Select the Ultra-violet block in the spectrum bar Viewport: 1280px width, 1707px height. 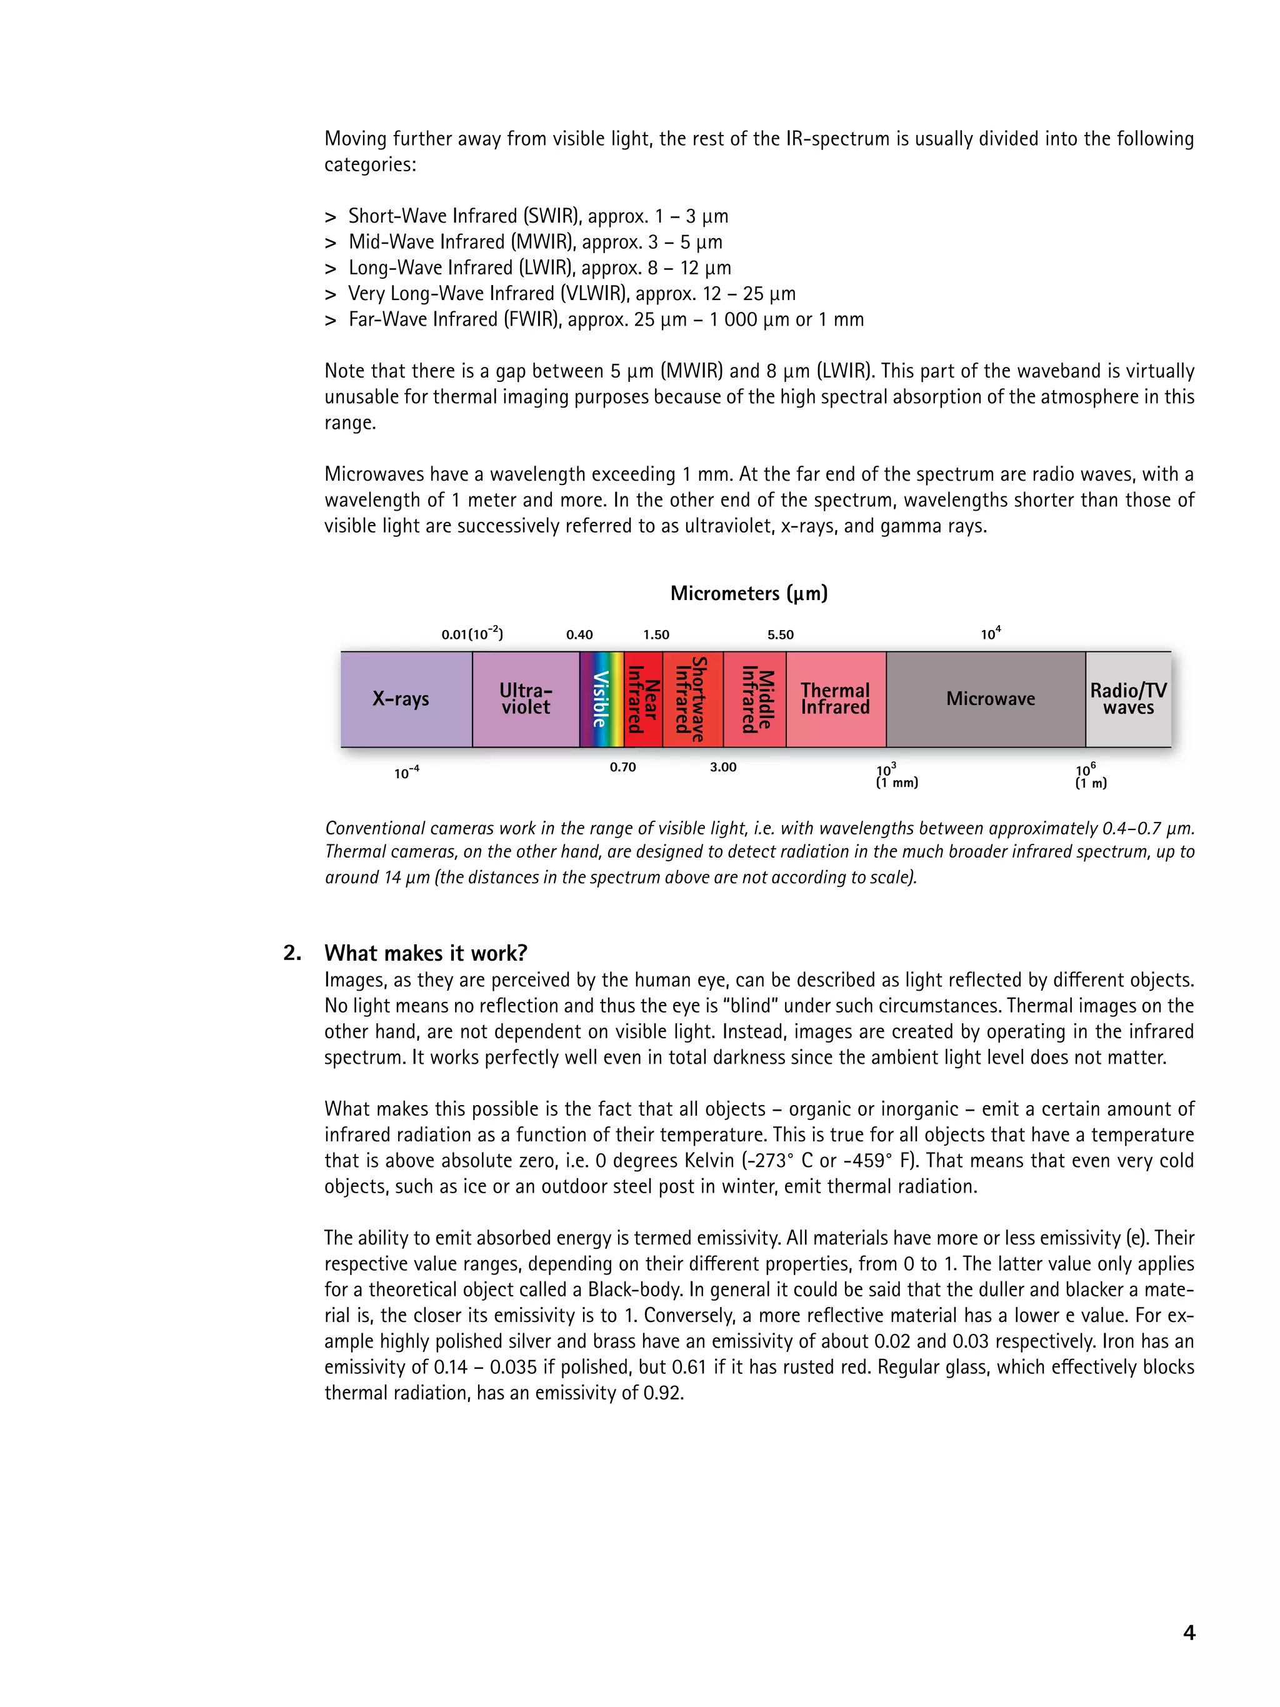point(526,699)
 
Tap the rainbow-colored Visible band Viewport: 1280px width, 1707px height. point(601,699)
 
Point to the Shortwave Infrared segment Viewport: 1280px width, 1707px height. point(692,699)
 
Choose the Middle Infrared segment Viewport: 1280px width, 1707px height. point(754,699)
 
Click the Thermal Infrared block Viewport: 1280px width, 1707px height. point(836,699)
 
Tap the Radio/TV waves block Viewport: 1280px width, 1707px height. point(1128,699)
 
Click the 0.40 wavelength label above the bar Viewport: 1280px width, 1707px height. point(579,635)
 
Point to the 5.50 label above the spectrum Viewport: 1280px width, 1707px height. point(780,635)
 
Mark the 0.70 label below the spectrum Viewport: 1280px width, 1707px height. point(622,767)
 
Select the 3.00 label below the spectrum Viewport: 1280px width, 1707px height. point(723,767)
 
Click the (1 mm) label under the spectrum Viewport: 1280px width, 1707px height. point(896,783)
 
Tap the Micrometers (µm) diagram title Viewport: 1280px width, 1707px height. point(748,593)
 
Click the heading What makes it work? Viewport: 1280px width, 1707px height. point(425,953)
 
